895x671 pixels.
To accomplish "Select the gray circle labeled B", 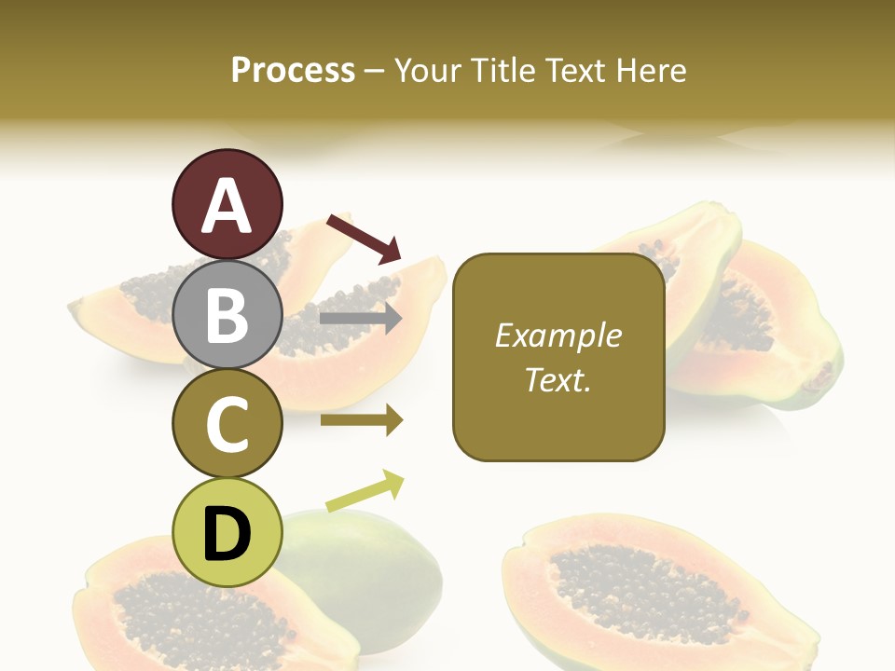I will click(x=227, y=314).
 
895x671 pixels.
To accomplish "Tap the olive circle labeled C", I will click(x=227, y=424).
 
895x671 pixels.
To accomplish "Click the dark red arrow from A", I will click(x=364, y=239).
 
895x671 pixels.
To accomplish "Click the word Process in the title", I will click(x=293, y=71).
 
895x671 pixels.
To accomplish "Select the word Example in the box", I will click(x=558, y=335).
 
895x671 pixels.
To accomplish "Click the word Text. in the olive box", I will click(x=558, y=379).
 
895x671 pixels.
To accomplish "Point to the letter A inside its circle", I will click(x=227, y=206).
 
